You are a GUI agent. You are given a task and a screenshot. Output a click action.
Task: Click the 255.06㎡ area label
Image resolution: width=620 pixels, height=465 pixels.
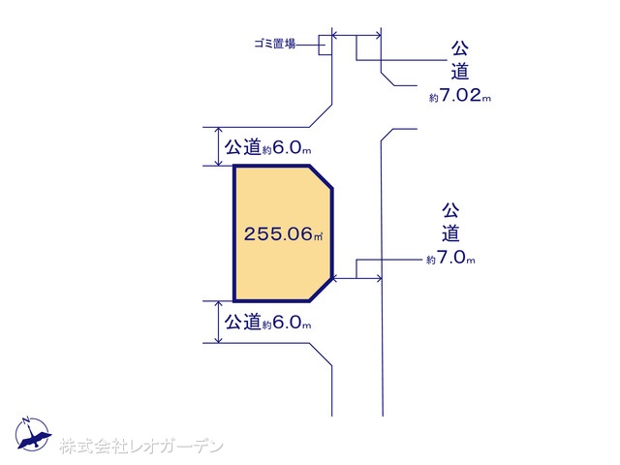283,233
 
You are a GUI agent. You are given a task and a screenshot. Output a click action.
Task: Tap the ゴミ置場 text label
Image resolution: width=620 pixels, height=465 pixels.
275,44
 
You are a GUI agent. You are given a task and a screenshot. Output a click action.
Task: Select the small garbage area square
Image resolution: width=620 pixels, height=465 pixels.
325,45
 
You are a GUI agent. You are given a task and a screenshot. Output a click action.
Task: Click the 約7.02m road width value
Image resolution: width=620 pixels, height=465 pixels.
460,96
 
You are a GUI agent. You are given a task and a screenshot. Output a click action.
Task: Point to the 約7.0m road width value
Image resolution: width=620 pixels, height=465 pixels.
450,259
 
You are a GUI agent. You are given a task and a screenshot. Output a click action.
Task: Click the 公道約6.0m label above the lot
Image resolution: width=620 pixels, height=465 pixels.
267,147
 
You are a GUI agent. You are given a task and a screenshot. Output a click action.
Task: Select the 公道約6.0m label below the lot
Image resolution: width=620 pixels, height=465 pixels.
267,323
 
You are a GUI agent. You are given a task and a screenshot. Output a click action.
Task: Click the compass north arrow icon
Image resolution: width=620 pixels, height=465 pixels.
32,434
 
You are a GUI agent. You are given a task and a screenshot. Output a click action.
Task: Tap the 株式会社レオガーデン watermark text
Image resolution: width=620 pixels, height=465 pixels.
141,447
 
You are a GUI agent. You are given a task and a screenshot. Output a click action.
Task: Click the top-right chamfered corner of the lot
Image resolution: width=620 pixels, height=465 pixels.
321,177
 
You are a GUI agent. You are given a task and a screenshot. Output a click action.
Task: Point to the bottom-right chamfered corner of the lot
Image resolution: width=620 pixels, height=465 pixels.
321,290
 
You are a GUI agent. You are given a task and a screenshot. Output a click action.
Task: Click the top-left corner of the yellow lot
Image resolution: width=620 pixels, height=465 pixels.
234,167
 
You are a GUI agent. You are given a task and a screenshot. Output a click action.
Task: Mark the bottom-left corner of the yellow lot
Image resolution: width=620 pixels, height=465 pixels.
234,300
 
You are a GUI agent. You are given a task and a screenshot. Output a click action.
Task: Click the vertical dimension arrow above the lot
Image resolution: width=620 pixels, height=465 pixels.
219,146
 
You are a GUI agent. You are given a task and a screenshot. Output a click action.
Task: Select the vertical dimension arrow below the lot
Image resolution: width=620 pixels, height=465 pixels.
219,322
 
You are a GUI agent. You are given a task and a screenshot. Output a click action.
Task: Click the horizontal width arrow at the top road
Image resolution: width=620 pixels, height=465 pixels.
356,36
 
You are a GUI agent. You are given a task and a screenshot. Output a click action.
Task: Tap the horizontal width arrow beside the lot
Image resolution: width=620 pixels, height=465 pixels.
357,279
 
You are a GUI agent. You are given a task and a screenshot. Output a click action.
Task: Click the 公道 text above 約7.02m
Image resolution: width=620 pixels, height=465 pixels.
460,60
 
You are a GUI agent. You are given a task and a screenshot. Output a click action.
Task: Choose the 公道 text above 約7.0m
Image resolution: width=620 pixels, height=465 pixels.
450,222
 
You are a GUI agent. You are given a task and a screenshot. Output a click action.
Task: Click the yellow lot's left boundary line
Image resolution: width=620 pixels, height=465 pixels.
234,233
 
